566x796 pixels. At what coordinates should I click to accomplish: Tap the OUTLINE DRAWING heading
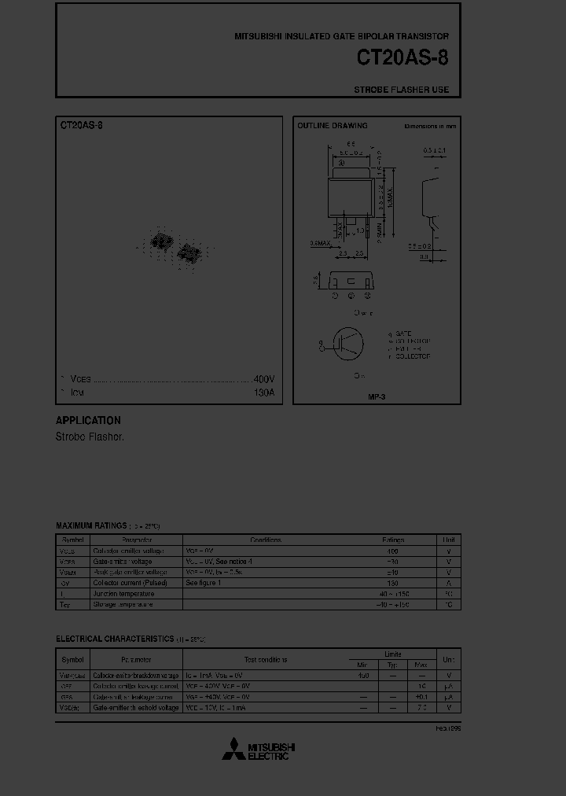[x=332, y=126]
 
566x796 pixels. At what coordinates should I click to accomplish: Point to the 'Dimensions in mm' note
[x=430, y=126]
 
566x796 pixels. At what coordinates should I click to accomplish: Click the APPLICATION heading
[x=88, y=420]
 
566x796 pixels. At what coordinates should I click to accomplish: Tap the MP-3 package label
[x=377, y=397]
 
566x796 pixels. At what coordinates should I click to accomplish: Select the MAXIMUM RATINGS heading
[x=91, y=525]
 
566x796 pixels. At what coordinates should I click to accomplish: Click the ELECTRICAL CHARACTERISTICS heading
[x=115, y=639]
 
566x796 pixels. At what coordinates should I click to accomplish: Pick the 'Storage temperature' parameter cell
[x=123, y=604]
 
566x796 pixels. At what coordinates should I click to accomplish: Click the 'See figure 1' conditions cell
[x=204, y=583]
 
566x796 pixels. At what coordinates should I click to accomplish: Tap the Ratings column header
[x=393, y=540]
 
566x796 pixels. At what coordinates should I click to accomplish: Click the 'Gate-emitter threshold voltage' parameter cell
[x=136, y=708]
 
